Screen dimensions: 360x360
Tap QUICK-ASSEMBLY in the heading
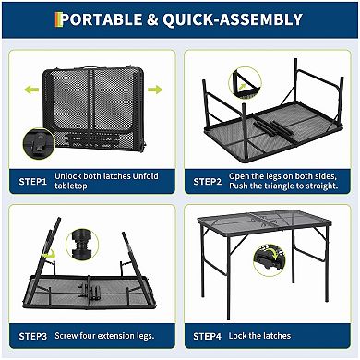click(244, 19)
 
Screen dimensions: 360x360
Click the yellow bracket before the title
click(61, 19)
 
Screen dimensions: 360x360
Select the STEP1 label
click(33, 182)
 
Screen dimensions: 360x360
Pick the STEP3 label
click(33, 335)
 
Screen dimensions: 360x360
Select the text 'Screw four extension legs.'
click(104, 335)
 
